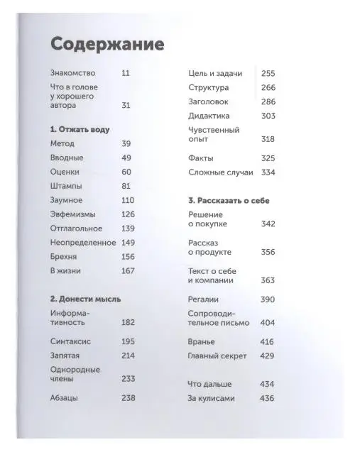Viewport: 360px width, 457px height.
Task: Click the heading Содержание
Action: (108, 45)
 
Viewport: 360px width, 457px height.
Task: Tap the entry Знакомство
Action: (75, 73)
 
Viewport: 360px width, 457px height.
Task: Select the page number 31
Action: (126, 105)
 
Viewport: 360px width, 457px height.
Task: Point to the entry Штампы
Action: (67, 186)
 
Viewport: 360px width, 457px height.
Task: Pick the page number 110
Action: (128, 200)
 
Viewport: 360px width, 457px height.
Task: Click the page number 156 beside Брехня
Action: (128, 257)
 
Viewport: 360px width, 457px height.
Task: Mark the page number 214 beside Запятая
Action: (128, 356)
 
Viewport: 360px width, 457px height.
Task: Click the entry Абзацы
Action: (65, 398)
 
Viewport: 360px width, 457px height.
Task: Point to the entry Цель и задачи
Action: (216, 73)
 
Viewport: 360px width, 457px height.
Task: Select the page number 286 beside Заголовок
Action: (268, 101)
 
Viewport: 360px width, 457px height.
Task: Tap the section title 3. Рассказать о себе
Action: (229, 200)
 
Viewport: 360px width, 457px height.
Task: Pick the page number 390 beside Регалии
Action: (268, 299)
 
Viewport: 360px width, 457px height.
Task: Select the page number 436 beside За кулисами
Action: (268, 398)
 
